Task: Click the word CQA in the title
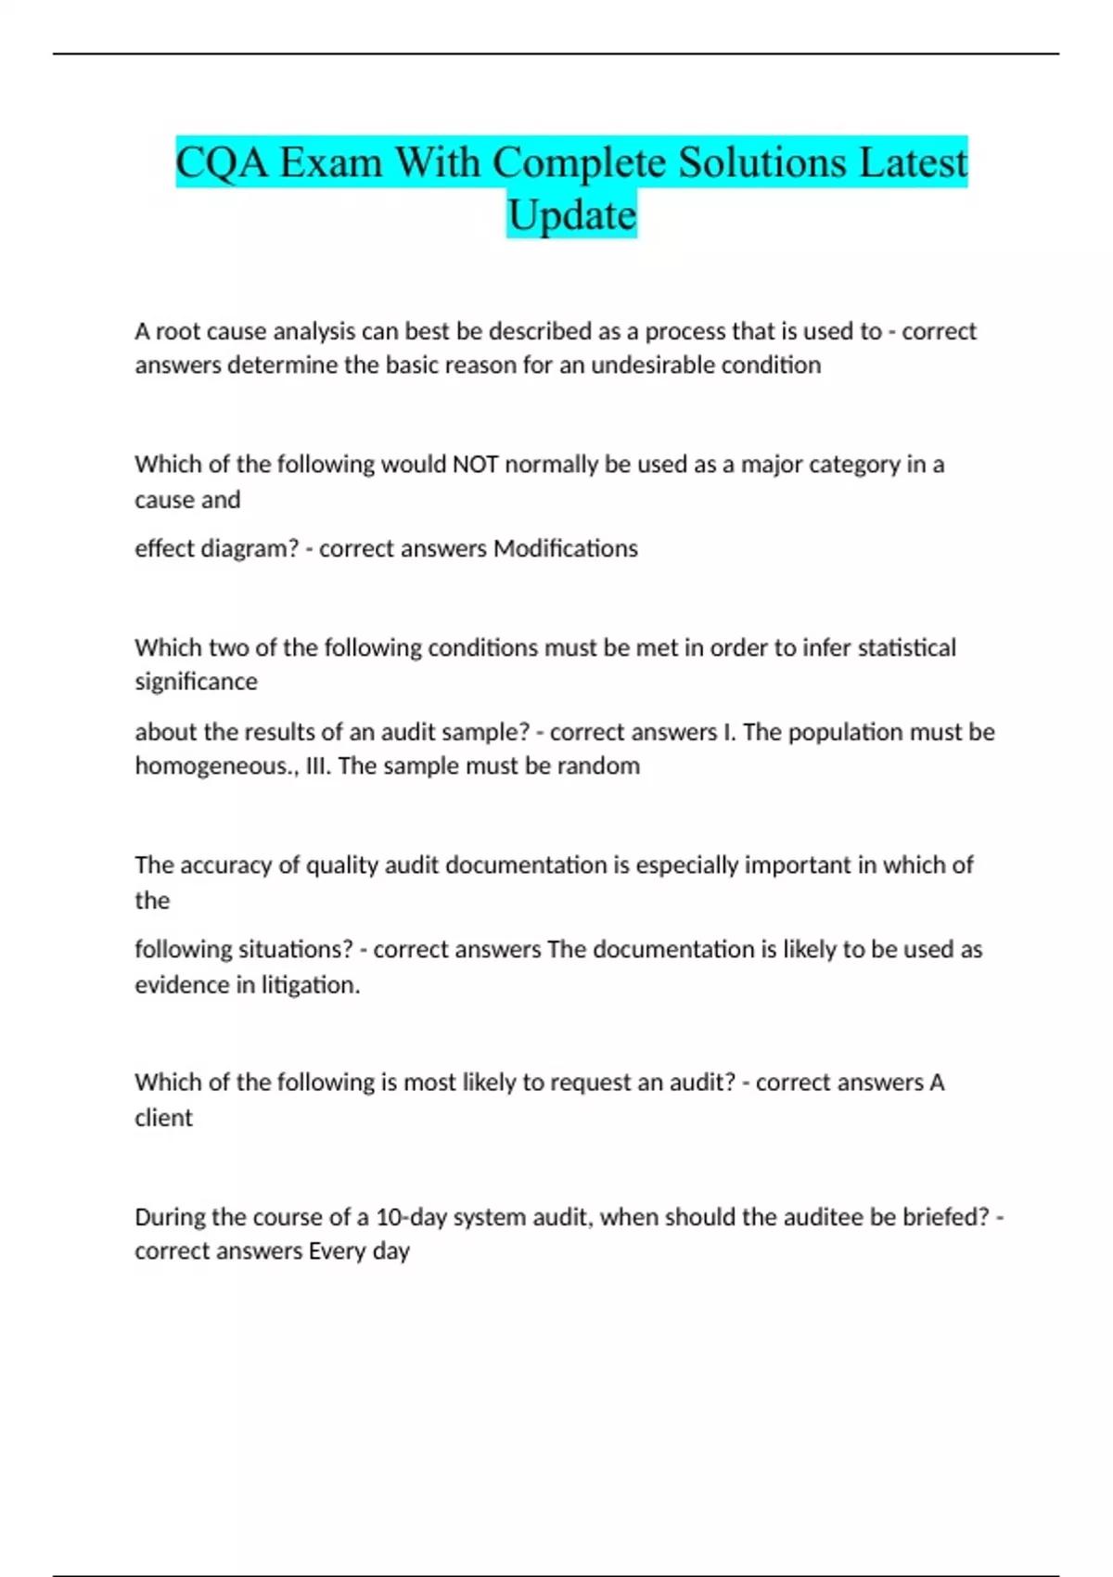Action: click(223, 163)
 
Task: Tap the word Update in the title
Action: click(571, 215)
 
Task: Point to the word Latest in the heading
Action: click(913, 163)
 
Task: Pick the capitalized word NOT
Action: click(475, 464)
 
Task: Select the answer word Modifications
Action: click(566, 548)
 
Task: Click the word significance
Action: click(196, 682)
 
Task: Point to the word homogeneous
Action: click(214, 766)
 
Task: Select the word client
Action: click(163, 1118)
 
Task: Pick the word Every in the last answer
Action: click(337, 1251)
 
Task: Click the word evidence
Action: click(182, 984)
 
